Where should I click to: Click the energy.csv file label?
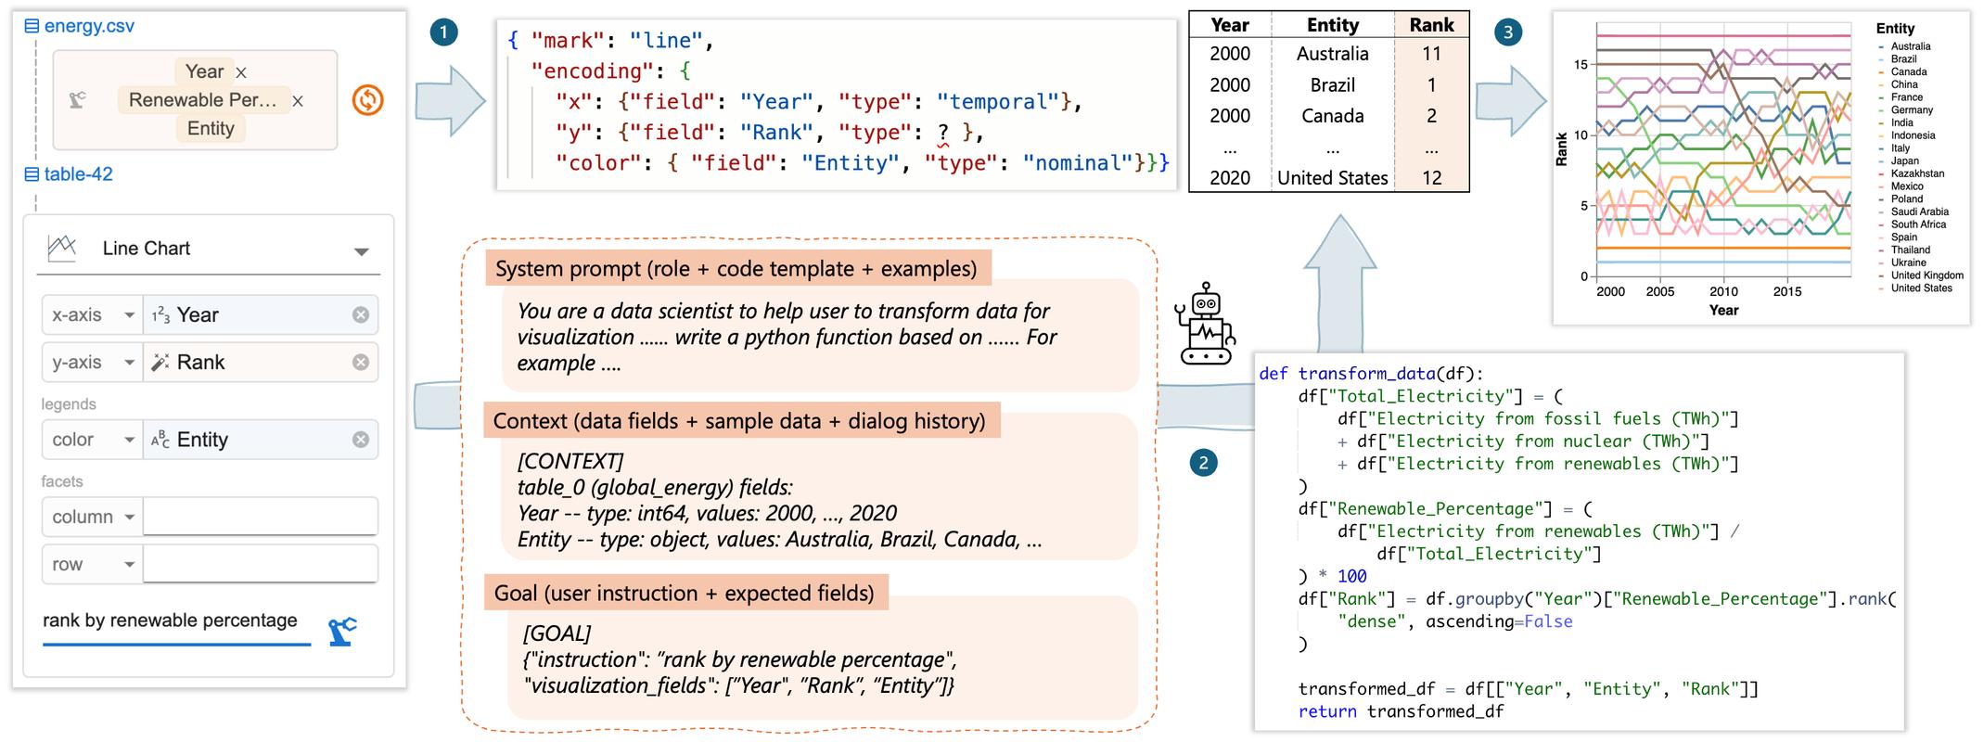89,26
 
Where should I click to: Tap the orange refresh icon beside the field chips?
368,100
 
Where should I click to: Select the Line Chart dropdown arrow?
362,251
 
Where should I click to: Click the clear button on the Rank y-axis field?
361,363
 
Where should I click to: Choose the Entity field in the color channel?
202,440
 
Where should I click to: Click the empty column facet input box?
260,517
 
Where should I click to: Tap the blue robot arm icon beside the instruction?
342,631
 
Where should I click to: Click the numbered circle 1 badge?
443,33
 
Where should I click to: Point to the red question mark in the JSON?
943,133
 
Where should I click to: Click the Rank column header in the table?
1431,25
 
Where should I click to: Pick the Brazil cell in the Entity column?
1332,85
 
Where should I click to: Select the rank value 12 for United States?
1431,178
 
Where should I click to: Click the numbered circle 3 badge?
1507,33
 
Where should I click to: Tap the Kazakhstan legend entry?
1917,173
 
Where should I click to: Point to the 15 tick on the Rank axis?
1581,65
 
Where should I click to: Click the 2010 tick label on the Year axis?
1723,291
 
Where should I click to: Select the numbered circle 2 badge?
1203,463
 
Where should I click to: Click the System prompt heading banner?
736,269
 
